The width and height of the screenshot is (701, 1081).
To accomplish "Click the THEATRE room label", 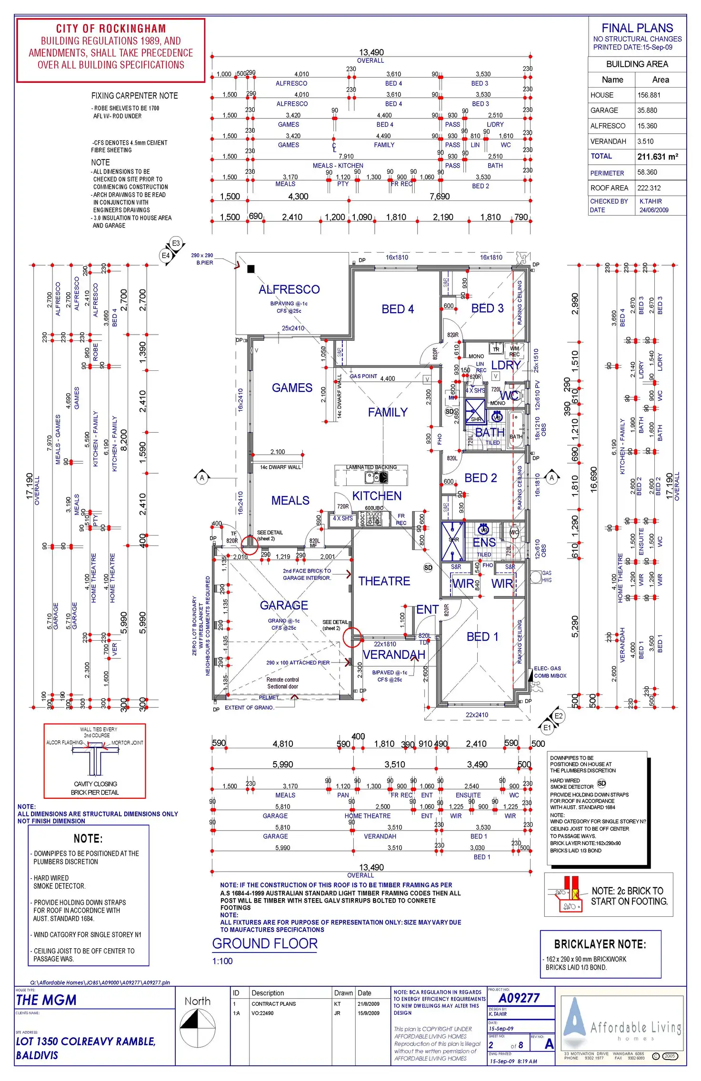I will click(384, 581).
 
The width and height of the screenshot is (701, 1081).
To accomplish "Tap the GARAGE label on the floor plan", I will click(284, 605).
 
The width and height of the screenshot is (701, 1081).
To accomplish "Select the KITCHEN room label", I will click(377, 496).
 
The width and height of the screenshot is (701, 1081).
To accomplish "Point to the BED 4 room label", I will click(398, 309).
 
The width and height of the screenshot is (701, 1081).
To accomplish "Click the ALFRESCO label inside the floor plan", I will click(289, 289).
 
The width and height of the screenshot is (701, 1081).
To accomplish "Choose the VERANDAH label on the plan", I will click(394, 655).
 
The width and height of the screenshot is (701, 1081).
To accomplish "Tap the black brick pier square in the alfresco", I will click(251, 269).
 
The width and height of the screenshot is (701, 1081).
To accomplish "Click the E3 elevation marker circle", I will click(176, 243).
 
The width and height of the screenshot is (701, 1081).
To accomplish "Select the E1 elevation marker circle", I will click(547, 727).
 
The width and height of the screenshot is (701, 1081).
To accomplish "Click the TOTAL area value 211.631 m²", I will click(658, 157).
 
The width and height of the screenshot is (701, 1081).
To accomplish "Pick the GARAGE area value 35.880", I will click(647, 110).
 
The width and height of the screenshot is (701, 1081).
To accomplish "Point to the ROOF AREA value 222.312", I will click(649, 188).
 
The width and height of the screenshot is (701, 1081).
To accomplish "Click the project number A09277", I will click(519, 998).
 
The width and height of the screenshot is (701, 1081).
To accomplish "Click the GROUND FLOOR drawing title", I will click(265, 943).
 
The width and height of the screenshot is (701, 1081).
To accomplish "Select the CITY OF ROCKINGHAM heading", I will click(111, 29).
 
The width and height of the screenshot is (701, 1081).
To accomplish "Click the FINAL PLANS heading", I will click(637, 28).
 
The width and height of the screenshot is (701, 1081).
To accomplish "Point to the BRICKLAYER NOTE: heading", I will click(600, 944).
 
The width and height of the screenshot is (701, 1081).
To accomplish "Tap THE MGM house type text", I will click(46, 1000).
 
